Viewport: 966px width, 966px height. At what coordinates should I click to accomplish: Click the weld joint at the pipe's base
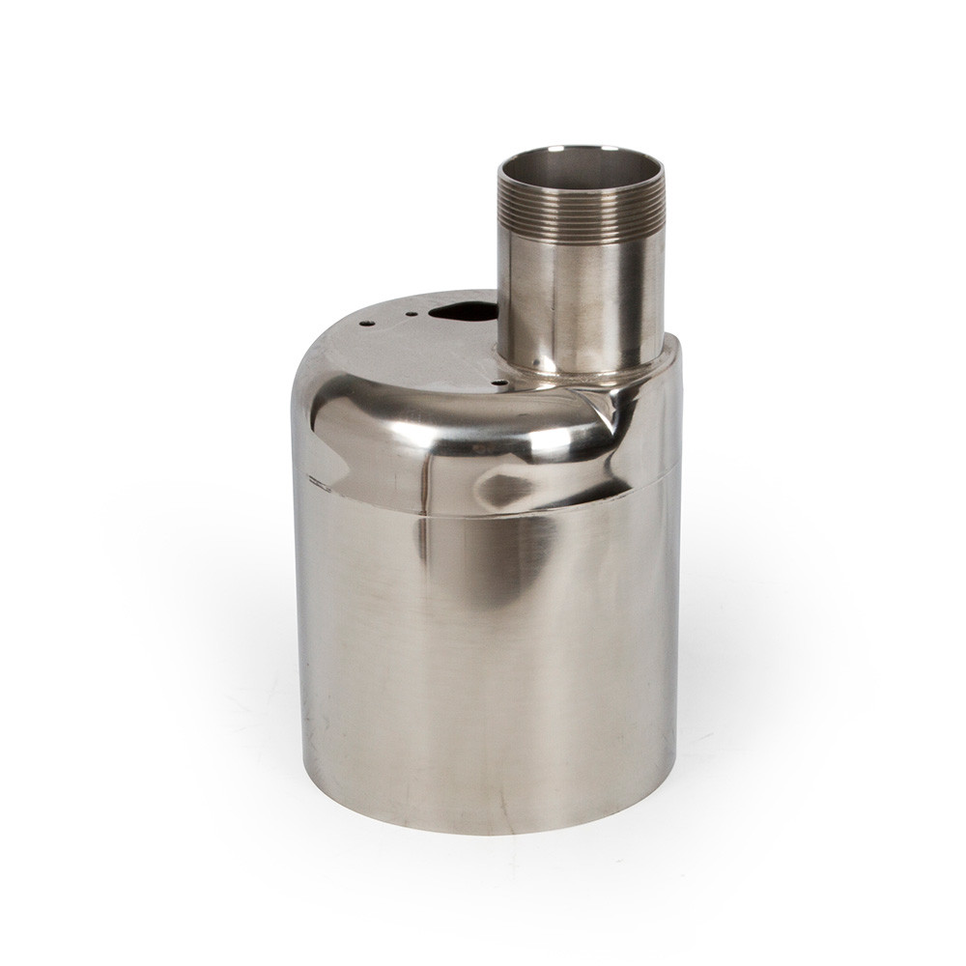coord(580,372)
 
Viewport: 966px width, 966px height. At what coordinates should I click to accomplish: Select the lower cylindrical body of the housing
coord(483,657)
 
